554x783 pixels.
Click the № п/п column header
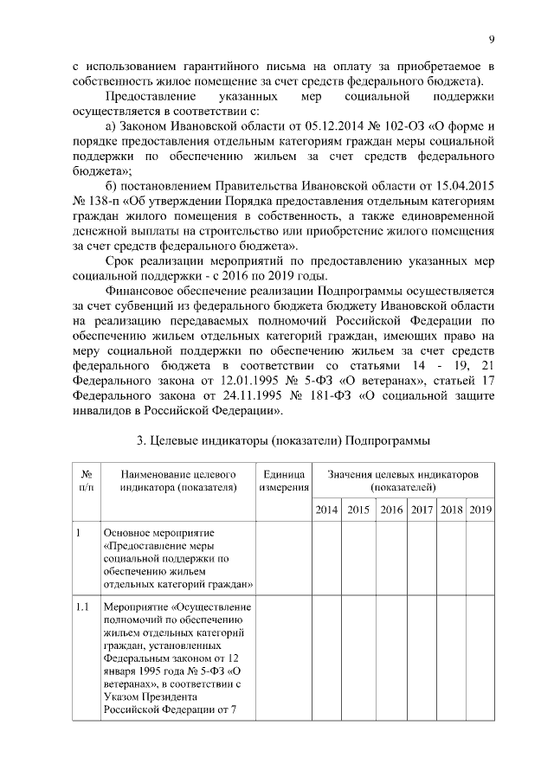click(87, 481)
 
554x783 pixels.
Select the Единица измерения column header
click(282, 481)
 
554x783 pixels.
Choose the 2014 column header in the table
click(326, 510)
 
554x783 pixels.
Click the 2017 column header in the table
click(422, 510)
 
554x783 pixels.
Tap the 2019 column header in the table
click(480, 510)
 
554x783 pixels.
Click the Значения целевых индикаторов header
click(403, 481)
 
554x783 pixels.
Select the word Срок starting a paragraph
click(119, 261)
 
